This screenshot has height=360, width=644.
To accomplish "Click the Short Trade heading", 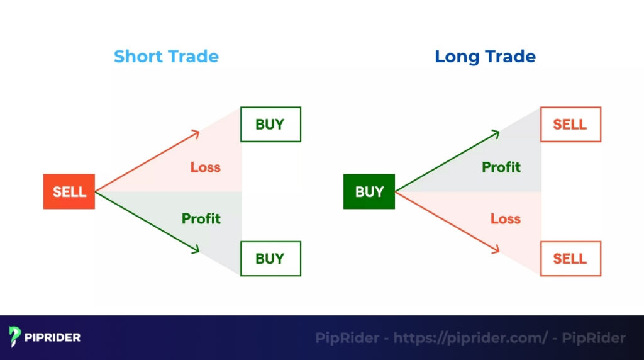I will tap(166, 57).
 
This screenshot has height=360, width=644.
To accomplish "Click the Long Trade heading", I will tap(485, 57).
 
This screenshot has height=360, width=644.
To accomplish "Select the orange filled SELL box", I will tap(69, 191).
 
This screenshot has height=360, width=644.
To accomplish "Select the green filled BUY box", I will tap(369, 191).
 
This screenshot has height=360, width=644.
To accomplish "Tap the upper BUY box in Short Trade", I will tap(270, 125).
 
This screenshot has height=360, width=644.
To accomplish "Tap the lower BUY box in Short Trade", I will tap(270, 259).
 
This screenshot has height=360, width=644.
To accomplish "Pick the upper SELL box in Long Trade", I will tap(570, 125).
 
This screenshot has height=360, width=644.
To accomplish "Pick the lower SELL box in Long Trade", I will tap(570, 259).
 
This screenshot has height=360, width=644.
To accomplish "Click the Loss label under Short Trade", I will tap(206, 167).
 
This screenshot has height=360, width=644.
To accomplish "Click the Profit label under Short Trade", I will tap(201, 219).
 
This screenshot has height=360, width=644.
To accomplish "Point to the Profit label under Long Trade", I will tap(501, 167).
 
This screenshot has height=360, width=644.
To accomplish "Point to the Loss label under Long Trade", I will tap(506, 219).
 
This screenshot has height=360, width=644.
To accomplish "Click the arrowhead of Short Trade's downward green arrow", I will tap(196, 250).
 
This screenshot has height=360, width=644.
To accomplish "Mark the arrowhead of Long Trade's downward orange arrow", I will tap(496, 250).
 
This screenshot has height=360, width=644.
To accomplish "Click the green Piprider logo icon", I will tap(16, 337).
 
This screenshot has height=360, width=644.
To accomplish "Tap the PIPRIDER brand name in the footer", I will tap(53, 338).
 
